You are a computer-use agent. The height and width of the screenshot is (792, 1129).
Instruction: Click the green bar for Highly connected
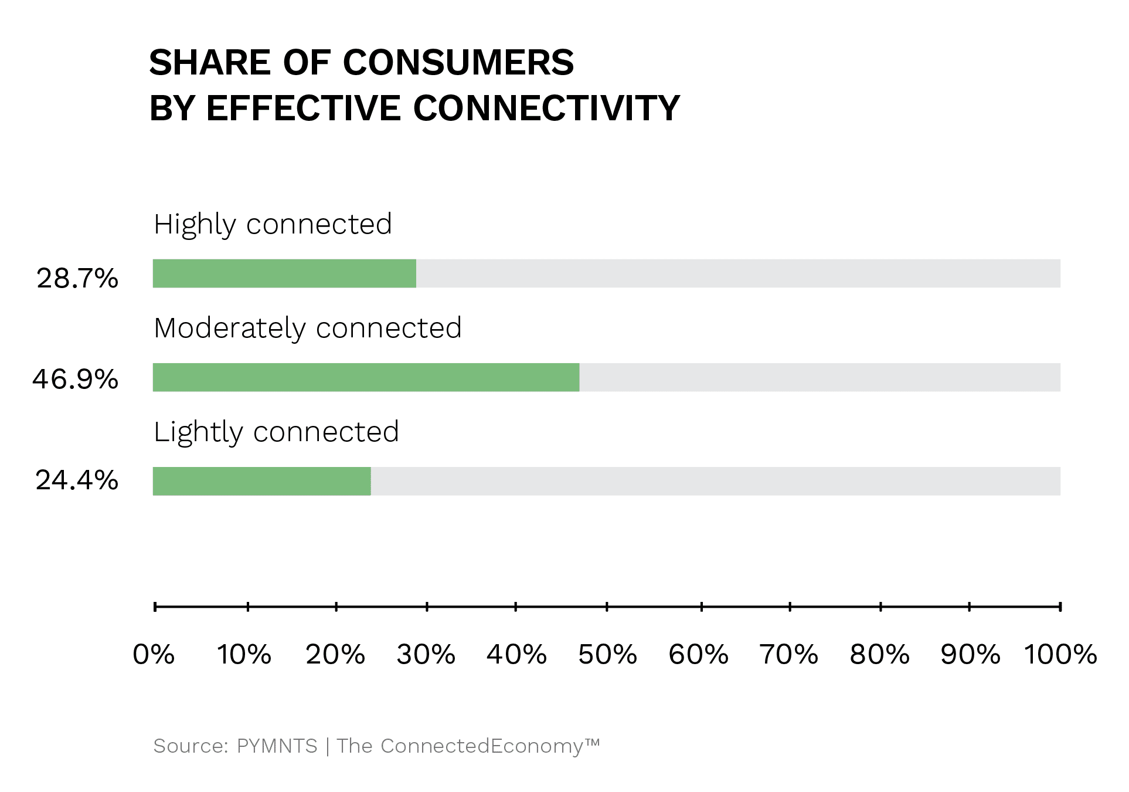[284, 273]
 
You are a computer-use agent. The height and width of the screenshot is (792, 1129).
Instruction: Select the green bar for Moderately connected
[366, 377]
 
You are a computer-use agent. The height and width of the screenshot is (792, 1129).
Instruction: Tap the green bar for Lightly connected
[261, 481]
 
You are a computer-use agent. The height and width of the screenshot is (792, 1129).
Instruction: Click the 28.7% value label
[77, 278]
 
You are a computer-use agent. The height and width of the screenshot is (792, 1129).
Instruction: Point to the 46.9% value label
[76, 379]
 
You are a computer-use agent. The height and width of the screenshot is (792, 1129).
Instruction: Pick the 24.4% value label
[77, 480]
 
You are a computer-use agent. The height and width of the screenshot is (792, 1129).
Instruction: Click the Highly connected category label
[273, 225]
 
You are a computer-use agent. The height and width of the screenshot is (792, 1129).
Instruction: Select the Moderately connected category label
[308, 329]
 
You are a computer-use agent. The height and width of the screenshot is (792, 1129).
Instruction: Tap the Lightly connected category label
[276, 432]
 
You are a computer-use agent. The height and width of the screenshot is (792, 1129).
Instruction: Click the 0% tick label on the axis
[154, 654]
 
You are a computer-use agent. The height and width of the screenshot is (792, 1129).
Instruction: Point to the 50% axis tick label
[607, 654]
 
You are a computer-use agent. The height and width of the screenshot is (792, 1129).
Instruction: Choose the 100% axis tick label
[1060, 654]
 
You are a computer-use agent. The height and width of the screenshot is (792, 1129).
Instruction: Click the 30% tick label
[426, 654]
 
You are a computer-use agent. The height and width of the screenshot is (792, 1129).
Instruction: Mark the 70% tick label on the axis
[788, 654]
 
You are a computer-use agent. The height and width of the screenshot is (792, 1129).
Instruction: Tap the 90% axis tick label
[970, 654]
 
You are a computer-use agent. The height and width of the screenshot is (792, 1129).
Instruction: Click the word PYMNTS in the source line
[277, 746]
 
